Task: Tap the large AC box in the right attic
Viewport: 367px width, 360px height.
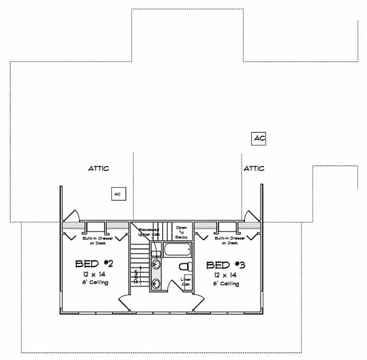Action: [x=259, y=138]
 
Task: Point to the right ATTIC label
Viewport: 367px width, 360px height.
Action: [x=253, y=167]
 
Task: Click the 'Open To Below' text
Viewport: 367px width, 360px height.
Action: [x=181, y=231]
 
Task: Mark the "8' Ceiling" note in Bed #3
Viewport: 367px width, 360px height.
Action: [x=226, y=284]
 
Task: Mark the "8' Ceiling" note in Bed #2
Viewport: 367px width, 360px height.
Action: [x=90, y=284]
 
